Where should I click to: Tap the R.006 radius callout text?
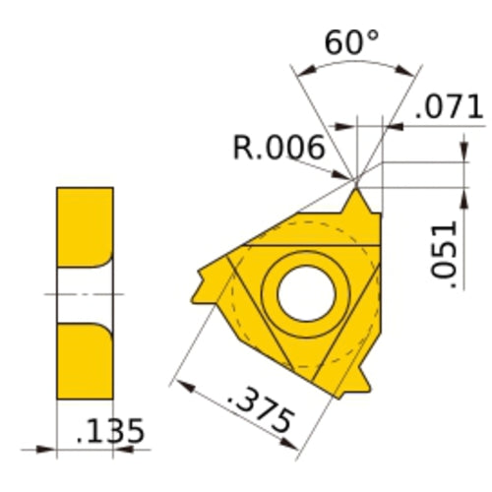click(279, 149)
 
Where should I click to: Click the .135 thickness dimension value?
click(111, 430)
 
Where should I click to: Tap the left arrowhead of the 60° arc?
click(299, 71)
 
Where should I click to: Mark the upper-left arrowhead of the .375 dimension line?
click(177, 381)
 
